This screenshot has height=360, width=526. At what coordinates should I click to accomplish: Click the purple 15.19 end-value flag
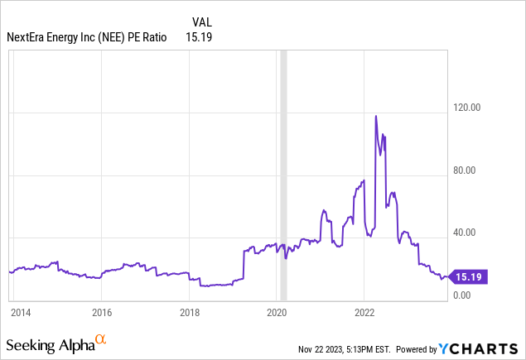point(468,277)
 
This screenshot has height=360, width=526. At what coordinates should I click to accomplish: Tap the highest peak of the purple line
point(376,116)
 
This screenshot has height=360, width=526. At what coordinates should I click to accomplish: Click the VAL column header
point(201,22)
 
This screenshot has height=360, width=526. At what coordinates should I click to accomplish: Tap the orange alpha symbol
point(101,339)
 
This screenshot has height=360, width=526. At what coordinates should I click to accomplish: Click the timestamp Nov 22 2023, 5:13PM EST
point(345,348)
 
